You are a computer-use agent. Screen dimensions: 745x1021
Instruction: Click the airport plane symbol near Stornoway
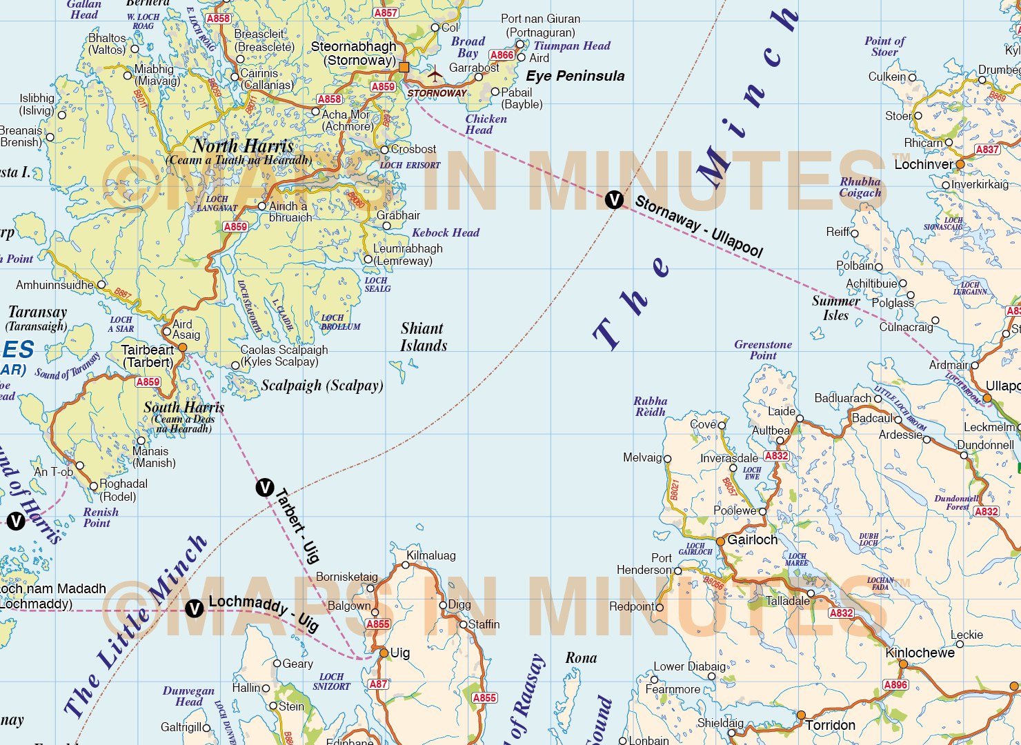tap(435, 72)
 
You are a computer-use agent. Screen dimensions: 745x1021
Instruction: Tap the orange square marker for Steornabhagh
tap(404, 67)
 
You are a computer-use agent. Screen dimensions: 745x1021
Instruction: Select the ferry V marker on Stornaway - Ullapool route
tap(613, 200)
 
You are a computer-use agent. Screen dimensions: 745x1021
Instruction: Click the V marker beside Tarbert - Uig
tap(265, 488)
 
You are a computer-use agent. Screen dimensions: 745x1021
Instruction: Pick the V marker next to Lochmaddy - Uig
tap(195, 608)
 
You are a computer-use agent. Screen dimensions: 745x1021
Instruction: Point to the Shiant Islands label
tap(423, 337)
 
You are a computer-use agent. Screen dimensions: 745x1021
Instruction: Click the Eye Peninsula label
tap(575, 76)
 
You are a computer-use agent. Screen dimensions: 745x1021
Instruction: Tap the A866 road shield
tap(502, 55)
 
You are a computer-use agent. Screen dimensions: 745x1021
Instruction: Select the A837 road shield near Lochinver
tap(987, 149)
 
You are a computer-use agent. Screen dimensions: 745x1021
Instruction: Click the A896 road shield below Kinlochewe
tap(895, 684)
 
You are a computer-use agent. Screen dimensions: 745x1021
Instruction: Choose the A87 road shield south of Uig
tap(377, 684)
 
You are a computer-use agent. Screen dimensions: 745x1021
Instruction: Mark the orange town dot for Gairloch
tap(720, 542)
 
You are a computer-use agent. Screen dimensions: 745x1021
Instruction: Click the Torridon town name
tap(830, 725)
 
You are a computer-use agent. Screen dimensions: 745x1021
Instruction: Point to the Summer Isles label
tap(835, 308)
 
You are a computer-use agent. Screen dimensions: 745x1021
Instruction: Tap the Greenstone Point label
tap(763, 350)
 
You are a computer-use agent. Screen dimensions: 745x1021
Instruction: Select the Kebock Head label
tap(445, 232)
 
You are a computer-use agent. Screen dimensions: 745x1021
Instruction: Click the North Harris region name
tap(243, 146)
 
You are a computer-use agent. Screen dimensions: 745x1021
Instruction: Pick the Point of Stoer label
tap(884, 46)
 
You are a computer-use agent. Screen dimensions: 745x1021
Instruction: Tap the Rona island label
tap(581, 657)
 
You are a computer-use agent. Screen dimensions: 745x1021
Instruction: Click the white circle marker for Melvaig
tap(667, 458)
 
